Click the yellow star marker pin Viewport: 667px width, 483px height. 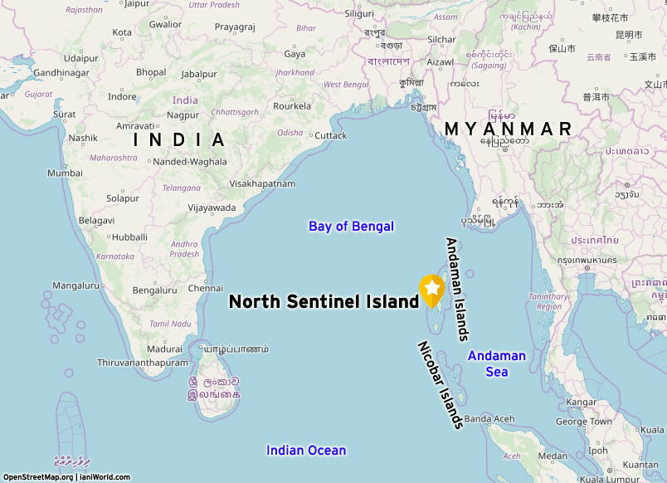(x=431, y=289)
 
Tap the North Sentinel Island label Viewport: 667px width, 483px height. (x=324, y=302)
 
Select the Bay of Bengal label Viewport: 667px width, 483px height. (x=351, y=226)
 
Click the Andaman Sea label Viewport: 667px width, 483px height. (x=496, y=363)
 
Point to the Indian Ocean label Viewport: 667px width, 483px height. (x=306, y=450)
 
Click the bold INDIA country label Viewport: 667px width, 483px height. (x=180, y=139)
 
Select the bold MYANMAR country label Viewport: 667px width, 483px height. (x=508, y=129)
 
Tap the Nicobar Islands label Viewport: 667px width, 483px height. (x=439, y=386)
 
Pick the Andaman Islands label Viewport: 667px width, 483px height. (x=457, y=289)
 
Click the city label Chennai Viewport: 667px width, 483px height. (x=206, y=288)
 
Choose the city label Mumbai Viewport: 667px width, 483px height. (x=65, y=173)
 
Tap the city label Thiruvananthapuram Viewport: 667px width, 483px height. (x=143, y=363)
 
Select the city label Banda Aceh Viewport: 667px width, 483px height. (x=489, y=418)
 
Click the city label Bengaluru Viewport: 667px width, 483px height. (x=155, y=290)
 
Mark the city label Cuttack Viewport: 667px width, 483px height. (x=331, y=135)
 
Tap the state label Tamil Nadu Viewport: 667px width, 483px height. (x=170, y=324)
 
